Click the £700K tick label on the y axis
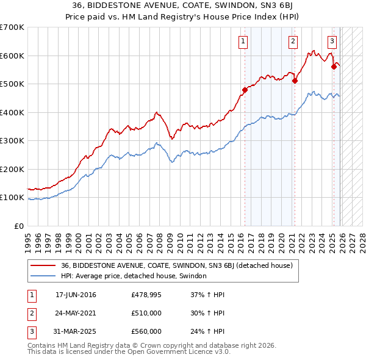tap(12, 27)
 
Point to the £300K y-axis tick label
tap(12, 141)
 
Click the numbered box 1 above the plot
tap(243, 41)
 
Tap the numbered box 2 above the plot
tap(293, 41)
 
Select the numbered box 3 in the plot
tap(332, 41)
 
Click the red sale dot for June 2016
tap(245, 90)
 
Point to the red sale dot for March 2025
tap(334, 67)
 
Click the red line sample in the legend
tap(43, 266)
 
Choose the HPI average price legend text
tap(134, 276)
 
